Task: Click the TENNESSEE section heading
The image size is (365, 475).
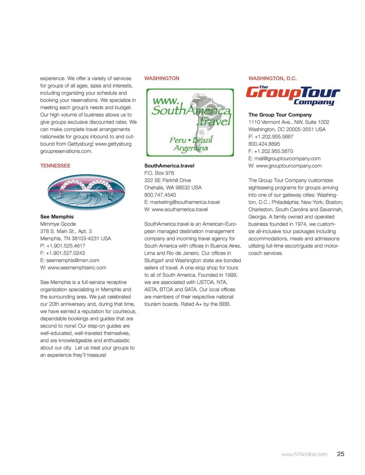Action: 55,166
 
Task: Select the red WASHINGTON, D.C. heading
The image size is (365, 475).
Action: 272,78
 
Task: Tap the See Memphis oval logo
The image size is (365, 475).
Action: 86,192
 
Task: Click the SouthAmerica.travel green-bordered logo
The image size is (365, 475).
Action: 190,122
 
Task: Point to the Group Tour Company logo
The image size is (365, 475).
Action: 293,95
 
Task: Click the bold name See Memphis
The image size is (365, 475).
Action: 57,217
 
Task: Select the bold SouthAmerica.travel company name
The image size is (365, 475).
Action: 169,166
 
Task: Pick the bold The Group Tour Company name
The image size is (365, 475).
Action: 280,115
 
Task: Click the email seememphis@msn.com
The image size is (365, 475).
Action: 73,261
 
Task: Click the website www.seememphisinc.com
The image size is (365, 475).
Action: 77,268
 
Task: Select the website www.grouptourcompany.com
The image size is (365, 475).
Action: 289,166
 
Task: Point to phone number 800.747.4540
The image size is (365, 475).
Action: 160,195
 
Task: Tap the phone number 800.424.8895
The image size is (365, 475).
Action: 264,144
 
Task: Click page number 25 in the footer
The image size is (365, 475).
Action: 341,454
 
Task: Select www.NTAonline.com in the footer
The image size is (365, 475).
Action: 304,454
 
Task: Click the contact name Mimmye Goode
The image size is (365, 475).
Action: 58,224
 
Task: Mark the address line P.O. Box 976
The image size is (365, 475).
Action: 159,173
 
